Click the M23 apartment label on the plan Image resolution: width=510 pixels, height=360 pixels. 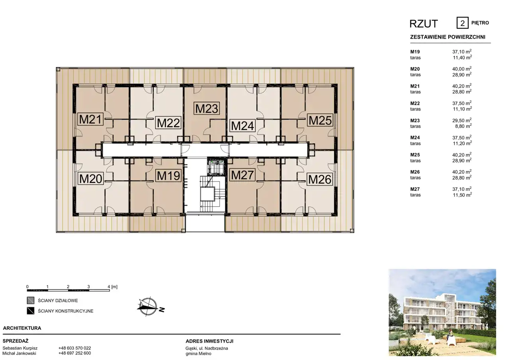pyautogui.click(x=207, y=108)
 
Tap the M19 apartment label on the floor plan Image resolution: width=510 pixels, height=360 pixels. pyautogui.click(x=169, y=176)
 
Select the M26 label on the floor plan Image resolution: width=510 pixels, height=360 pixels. pyautogui.click(x=320, y=179)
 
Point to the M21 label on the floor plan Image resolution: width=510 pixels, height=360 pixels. pyautogui.click(x=90, y=119)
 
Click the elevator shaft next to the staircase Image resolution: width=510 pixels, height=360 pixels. pyautogui.click(x=216, y=167)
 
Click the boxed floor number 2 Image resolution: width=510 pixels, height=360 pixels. pyautogui.click(x=463, y=23)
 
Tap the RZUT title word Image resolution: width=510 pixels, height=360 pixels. pyautogui.click(x=424, y=23)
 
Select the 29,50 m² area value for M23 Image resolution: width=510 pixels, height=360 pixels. pyautogui.click(x=462, y=120)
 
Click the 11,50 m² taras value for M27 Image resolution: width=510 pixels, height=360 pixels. pyautogui.click(x=462, y=195)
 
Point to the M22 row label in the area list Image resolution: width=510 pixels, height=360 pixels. pyautogui.click(x=415, y=103)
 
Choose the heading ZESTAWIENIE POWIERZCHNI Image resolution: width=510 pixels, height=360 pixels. pyautogui.click(x=447, y=37)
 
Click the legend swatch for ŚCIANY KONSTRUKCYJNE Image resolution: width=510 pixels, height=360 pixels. pyautogui.click(x=31, y=311)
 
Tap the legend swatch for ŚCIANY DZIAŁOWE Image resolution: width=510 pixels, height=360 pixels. pyautogui.click(x=31, y=300)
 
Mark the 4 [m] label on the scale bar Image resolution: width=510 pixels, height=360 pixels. pyautogui.click(x=112, y=286)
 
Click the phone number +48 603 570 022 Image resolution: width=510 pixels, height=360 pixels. pyautogui.click(x=75, y=348)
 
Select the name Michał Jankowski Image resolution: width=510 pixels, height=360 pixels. pyautogui.click(x=20, y=353)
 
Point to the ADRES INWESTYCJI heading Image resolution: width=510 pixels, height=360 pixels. pyautogui.click(x=210, y=341)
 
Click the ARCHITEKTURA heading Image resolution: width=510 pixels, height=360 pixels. pyautogui.click(x=22, y=328)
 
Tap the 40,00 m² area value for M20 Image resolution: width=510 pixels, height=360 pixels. pyautogui.click(x=462, y=69)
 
